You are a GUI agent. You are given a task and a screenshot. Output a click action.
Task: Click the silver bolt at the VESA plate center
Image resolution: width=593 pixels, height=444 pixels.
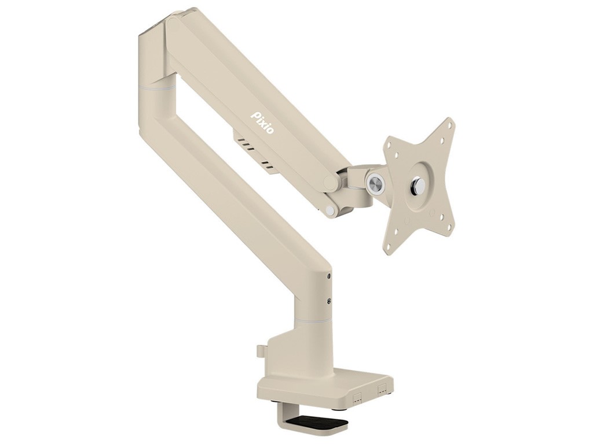click(x=418, y=185)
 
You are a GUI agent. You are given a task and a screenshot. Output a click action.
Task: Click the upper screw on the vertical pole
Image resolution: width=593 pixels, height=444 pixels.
click(x=329, y=277)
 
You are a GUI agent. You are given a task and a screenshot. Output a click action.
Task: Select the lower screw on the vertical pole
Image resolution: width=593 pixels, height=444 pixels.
click(x=329, y=301)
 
